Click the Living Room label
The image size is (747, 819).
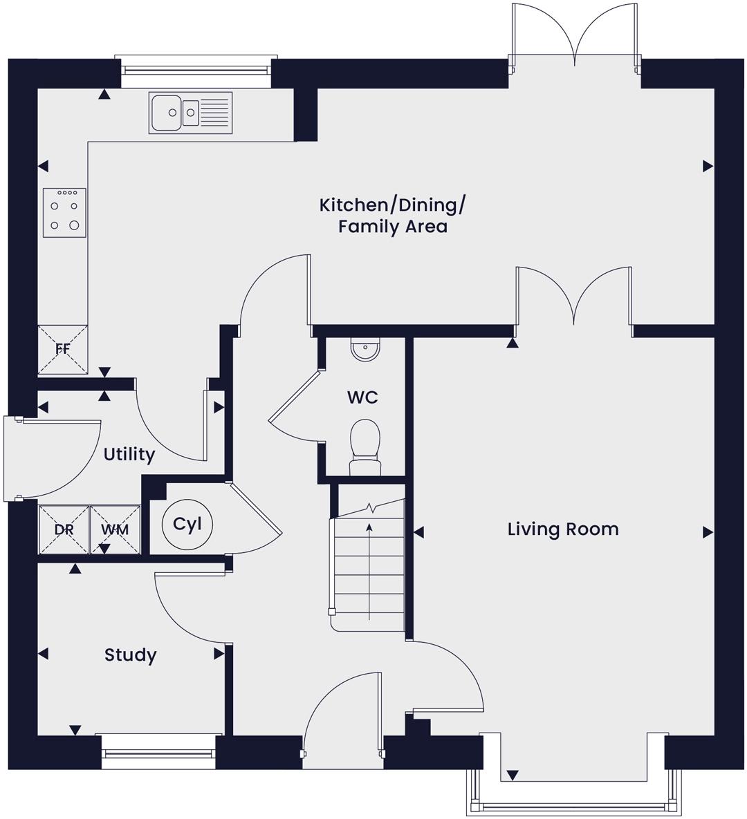563,529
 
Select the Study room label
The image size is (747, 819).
130,655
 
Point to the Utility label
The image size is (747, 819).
129,454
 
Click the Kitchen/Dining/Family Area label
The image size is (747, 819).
392,215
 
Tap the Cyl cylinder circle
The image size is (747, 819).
187,524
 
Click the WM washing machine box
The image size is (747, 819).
116,529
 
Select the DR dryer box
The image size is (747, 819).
64,529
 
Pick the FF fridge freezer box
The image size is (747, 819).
63,350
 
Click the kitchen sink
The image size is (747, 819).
190,112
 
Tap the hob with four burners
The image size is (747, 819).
64,213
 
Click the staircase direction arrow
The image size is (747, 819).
369,572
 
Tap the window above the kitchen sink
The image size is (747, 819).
196,70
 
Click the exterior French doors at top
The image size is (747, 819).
575,37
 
